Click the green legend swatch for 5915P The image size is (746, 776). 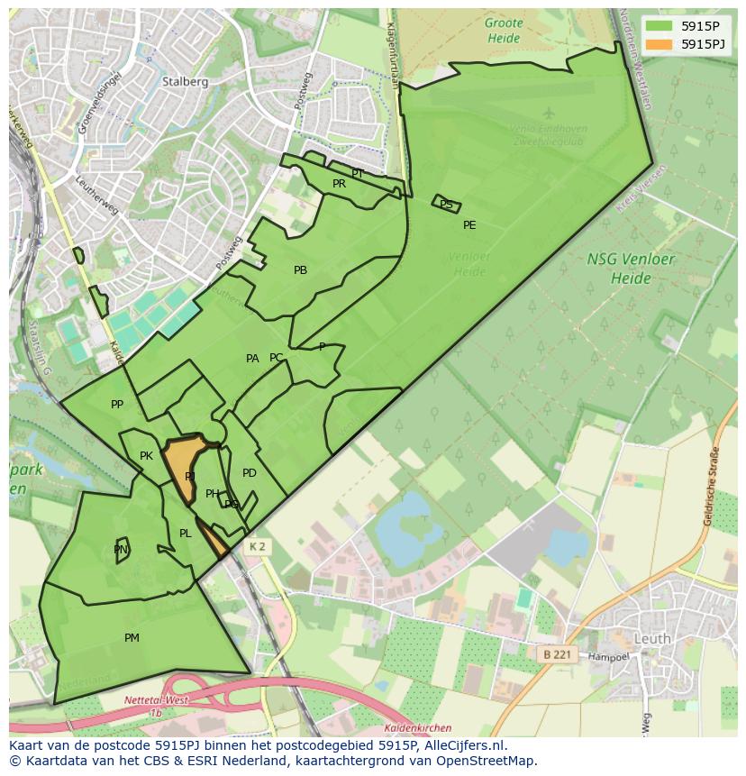(x=660, y=27)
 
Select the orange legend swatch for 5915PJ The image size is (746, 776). (x=660, y=44)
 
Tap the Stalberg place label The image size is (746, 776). (x=185, y=81)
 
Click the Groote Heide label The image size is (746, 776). (x=503, y=31)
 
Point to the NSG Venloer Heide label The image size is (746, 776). (x=631, y=268)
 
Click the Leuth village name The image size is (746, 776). (x=652, y=638)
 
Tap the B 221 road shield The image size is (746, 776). (x=558, y=654)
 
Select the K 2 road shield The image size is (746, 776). (x=258, y=546)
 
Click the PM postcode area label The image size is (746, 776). (x=132, y=638)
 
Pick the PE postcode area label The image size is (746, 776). (x=469, y=225)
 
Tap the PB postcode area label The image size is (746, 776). (x=300, y=270)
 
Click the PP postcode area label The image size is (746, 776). (x=117, y=405)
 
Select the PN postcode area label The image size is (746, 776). (x=121, y=550)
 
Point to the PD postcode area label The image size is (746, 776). (x=250, y=473)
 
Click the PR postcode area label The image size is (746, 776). (x=339, y=184)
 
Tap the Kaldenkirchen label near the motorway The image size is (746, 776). (x=417, y=728)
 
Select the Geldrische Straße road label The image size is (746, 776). (x=709, y=487)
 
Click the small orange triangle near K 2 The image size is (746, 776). (x=214, y=540)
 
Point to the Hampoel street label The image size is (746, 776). (x=608, y=658)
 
